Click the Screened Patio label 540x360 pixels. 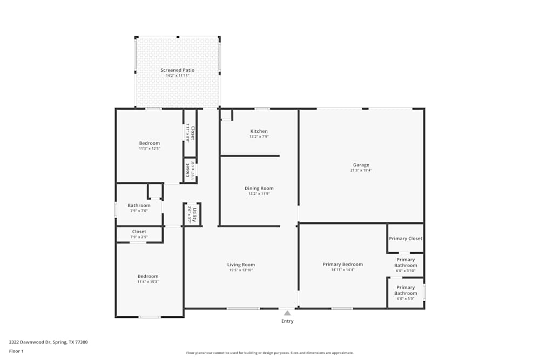[177, 70]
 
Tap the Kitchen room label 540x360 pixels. [259, 131]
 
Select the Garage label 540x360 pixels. [361, 165]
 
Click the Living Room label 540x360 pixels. [241, 264]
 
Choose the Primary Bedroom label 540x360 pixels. [342, 264]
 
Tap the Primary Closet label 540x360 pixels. [406, 239]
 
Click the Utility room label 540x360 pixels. [194, 215]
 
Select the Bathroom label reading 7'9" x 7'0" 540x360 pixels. [139, 205]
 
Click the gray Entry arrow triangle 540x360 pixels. [287, 313]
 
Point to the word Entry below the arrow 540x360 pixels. [287, 321]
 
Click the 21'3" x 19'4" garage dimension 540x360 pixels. [361, 171]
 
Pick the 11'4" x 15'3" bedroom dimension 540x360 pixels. [148, 282]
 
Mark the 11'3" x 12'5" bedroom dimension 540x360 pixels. [150, 148]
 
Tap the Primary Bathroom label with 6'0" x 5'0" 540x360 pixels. [406, 290]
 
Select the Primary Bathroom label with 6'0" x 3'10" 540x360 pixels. [406, 263]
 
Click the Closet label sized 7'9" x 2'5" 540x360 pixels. [139, 232]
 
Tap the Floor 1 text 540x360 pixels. [16, 351]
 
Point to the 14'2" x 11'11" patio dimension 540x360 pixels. [177, 76]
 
